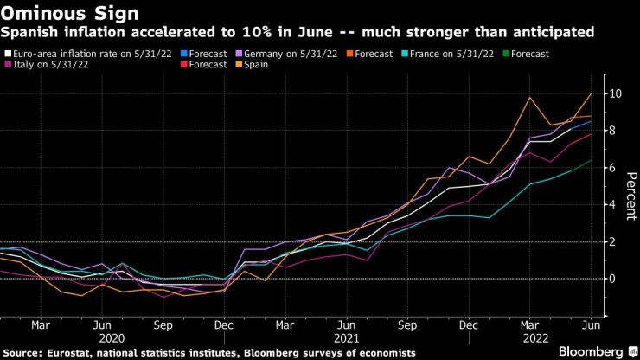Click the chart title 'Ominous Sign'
point(54,13)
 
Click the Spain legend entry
point(255,64)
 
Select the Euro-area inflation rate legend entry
point(86,53)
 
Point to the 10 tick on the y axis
point(613,93)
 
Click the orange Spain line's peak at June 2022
point(591,93)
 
